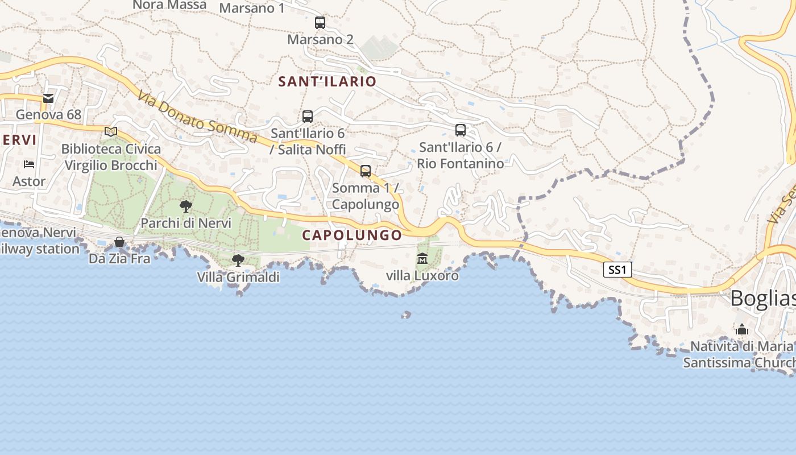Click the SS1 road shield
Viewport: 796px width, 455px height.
[x=617, y=270]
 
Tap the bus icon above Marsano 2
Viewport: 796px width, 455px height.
[x=320, y=23]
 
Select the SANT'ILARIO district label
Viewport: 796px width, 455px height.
[x=327, y=81]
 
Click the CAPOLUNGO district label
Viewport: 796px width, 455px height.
[x=352, y=235]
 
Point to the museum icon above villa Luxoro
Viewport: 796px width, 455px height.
[x=422, y=259]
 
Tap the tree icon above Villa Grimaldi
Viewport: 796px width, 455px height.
[x=238, y=260]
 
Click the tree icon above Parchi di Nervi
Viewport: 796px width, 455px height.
[x=185, y=206]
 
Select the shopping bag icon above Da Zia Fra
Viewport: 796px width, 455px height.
[x=119, y=242]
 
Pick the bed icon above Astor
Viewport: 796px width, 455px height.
[x=29, y=164]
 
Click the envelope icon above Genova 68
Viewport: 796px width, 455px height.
[x=48, y=98]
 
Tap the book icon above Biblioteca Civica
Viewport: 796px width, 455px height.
[x=111, y=132]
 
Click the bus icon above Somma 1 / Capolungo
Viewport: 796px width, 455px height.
[x=366, y=171]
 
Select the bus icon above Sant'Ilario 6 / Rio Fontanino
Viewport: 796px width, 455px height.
[x=461, y=130]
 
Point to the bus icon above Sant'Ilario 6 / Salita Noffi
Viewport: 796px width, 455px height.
[x=308, y=116]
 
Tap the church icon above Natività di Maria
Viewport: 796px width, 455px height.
[x=741, y=329]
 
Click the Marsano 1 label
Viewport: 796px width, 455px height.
[x=252, y=8]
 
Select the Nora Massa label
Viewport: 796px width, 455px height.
[x=169, y=5]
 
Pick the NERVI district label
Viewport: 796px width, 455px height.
[x=18, y=140]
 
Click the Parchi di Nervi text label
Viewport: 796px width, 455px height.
[x=186, y=223]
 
